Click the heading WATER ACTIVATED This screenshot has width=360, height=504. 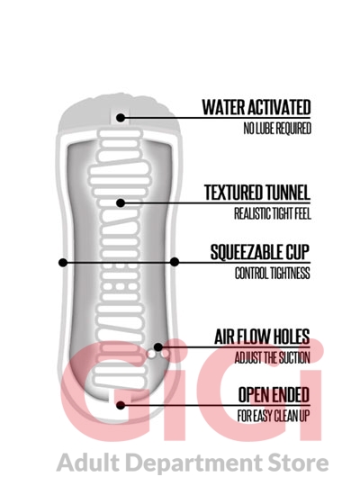[256, 107]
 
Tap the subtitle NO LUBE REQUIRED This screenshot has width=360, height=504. [277, 129]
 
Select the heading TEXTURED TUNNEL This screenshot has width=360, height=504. [257, 193]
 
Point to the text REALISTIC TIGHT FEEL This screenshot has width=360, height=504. [272, 213]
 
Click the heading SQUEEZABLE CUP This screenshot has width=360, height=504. [260, 252]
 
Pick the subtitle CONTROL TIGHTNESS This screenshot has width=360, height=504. [272, 274]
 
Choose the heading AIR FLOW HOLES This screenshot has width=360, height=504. [262, 337]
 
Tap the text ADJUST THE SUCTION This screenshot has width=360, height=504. [272, 358]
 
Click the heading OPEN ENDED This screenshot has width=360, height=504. [274, 395]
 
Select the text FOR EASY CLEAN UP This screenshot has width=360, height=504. [274, 416]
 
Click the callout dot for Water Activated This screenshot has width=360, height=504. [121, 118]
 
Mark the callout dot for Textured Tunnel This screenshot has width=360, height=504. [121, 202]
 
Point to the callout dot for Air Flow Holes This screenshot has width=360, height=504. [157, 346]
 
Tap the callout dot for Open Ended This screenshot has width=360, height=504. [121, 405]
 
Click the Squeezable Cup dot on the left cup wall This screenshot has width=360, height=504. [63, 263]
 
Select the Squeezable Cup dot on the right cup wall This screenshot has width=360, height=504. [175, 262]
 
